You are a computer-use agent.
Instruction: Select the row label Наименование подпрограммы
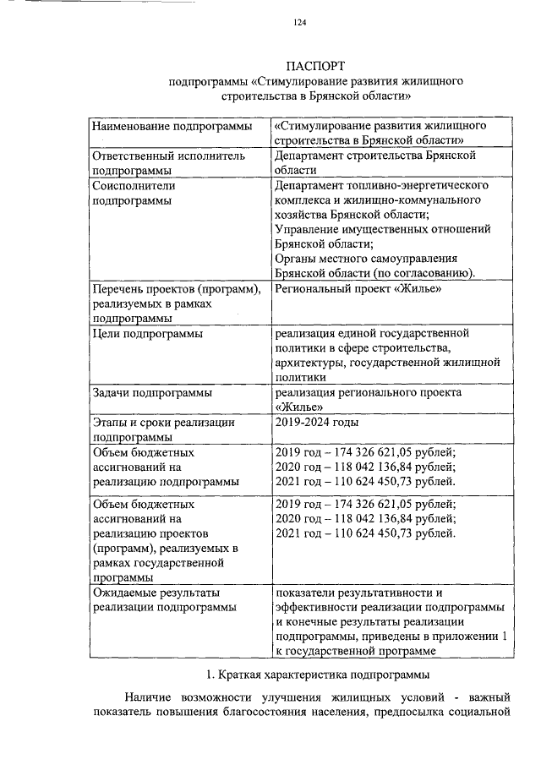(172, 126)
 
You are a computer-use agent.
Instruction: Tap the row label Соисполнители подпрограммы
(135, 193)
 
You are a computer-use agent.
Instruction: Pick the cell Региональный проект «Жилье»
(359, 288)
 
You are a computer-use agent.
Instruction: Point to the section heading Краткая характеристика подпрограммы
(319, 675)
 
